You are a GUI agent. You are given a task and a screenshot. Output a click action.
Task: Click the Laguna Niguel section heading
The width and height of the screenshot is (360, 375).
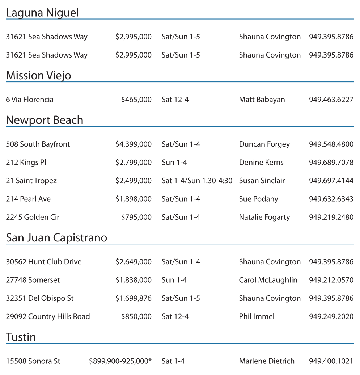coord(42,13)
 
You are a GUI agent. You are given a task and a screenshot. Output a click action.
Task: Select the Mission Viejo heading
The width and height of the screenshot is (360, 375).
coord(39,76)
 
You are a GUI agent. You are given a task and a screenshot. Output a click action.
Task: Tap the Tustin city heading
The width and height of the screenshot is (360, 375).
coord(21,337)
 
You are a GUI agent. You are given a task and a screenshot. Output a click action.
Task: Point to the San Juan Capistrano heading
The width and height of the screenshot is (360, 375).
coord(56,238)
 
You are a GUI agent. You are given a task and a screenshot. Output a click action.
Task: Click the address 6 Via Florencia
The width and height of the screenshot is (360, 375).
coord(30,100)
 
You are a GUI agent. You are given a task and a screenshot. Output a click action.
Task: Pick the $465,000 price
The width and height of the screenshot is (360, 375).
coord(136,100)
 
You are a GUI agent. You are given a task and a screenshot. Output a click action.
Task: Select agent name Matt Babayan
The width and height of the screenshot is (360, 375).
coord(262,100)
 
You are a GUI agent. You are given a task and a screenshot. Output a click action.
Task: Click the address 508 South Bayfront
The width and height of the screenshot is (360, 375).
coord(38,144)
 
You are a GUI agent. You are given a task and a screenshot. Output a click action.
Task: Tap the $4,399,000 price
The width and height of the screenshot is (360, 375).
coord(133,144)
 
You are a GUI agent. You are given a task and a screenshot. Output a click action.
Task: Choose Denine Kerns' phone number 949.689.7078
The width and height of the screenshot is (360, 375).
coord(331,163)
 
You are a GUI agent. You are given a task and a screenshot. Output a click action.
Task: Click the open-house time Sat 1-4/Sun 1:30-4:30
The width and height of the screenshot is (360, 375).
coord(197,181)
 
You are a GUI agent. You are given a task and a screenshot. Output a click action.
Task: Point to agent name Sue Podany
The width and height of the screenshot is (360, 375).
coord(258,199)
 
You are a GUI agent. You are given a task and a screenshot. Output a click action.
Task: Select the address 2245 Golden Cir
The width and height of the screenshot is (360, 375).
coord(33,217)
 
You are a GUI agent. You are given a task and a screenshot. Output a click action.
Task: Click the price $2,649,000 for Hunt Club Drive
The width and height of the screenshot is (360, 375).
coord(133,262)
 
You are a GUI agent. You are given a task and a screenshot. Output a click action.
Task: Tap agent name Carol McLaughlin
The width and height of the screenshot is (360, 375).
coord(268,280)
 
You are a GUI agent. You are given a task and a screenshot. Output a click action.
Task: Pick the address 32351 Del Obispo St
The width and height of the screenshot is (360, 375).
coord(40,298)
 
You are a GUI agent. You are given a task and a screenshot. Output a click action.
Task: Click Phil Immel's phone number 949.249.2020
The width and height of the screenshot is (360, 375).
coord(331,317)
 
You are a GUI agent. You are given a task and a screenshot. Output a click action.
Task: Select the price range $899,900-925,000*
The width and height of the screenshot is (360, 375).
coord(120,361)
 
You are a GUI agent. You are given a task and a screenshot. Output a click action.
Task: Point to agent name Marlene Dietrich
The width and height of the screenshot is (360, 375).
coord(267,361)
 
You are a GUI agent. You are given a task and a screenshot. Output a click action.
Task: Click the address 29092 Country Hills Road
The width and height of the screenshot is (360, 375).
coord(48,317)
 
